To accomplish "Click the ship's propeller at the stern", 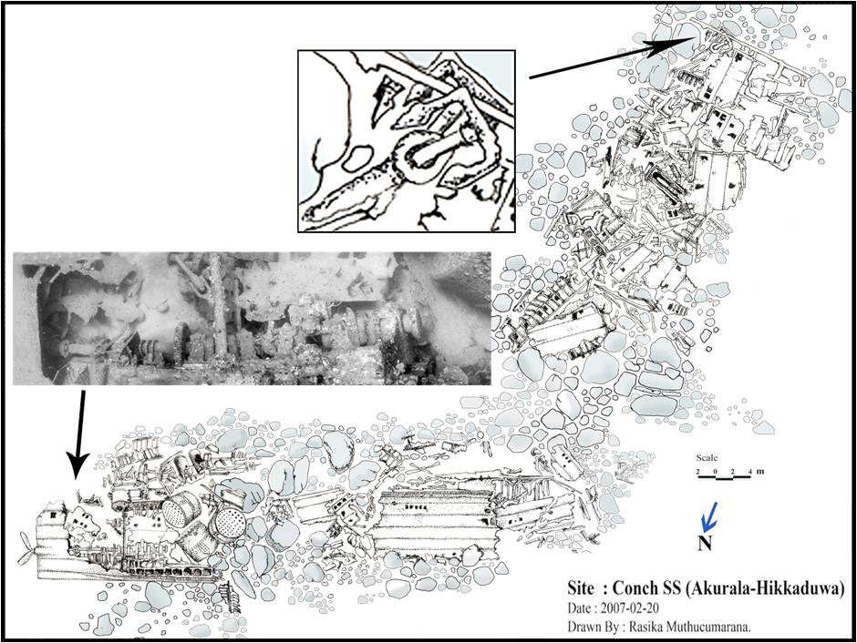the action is click(26, 548).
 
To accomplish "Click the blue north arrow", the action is click(709, 517).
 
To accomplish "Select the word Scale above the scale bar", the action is click(707, 458).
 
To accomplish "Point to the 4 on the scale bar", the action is click(749, 471).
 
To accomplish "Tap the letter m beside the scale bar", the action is click(760, 472).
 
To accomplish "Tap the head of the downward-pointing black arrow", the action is click(77, 465).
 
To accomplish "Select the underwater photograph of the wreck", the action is click(252, 318).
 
